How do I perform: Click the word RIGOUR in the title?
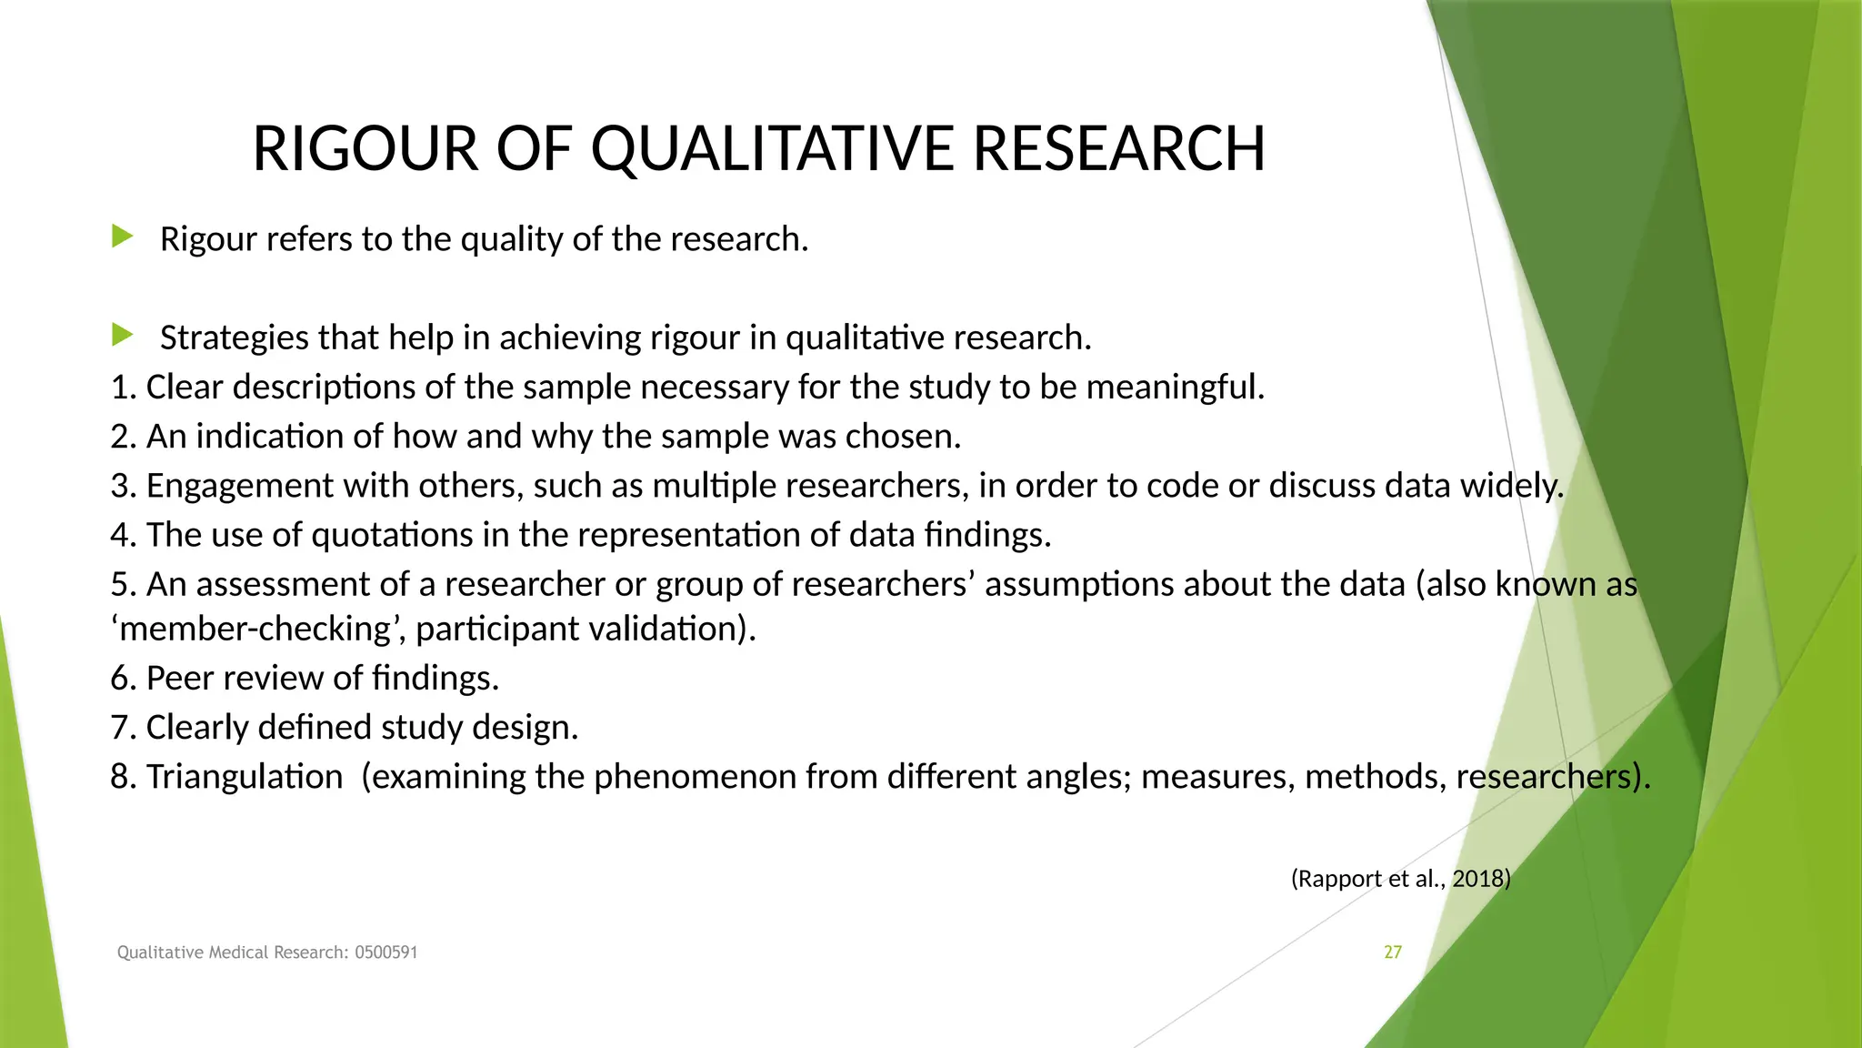(365, 148)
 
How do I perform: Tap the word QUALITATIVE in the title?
(773, 148)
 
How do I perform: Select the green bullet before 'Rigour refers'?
(122, 237)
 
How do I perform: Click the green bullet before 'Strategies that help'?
(122, 336)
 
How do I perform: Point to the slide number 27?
(1392, 952)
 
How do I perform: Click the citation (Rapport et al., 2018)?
(1400, 879)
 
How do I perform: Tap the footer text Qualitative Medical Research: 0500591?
(267, 952)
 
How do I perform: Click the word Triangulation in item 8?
(244, 777)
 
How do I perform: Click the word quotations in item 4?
(391, 535)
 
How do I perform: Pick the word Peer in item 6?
(179, 679)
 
